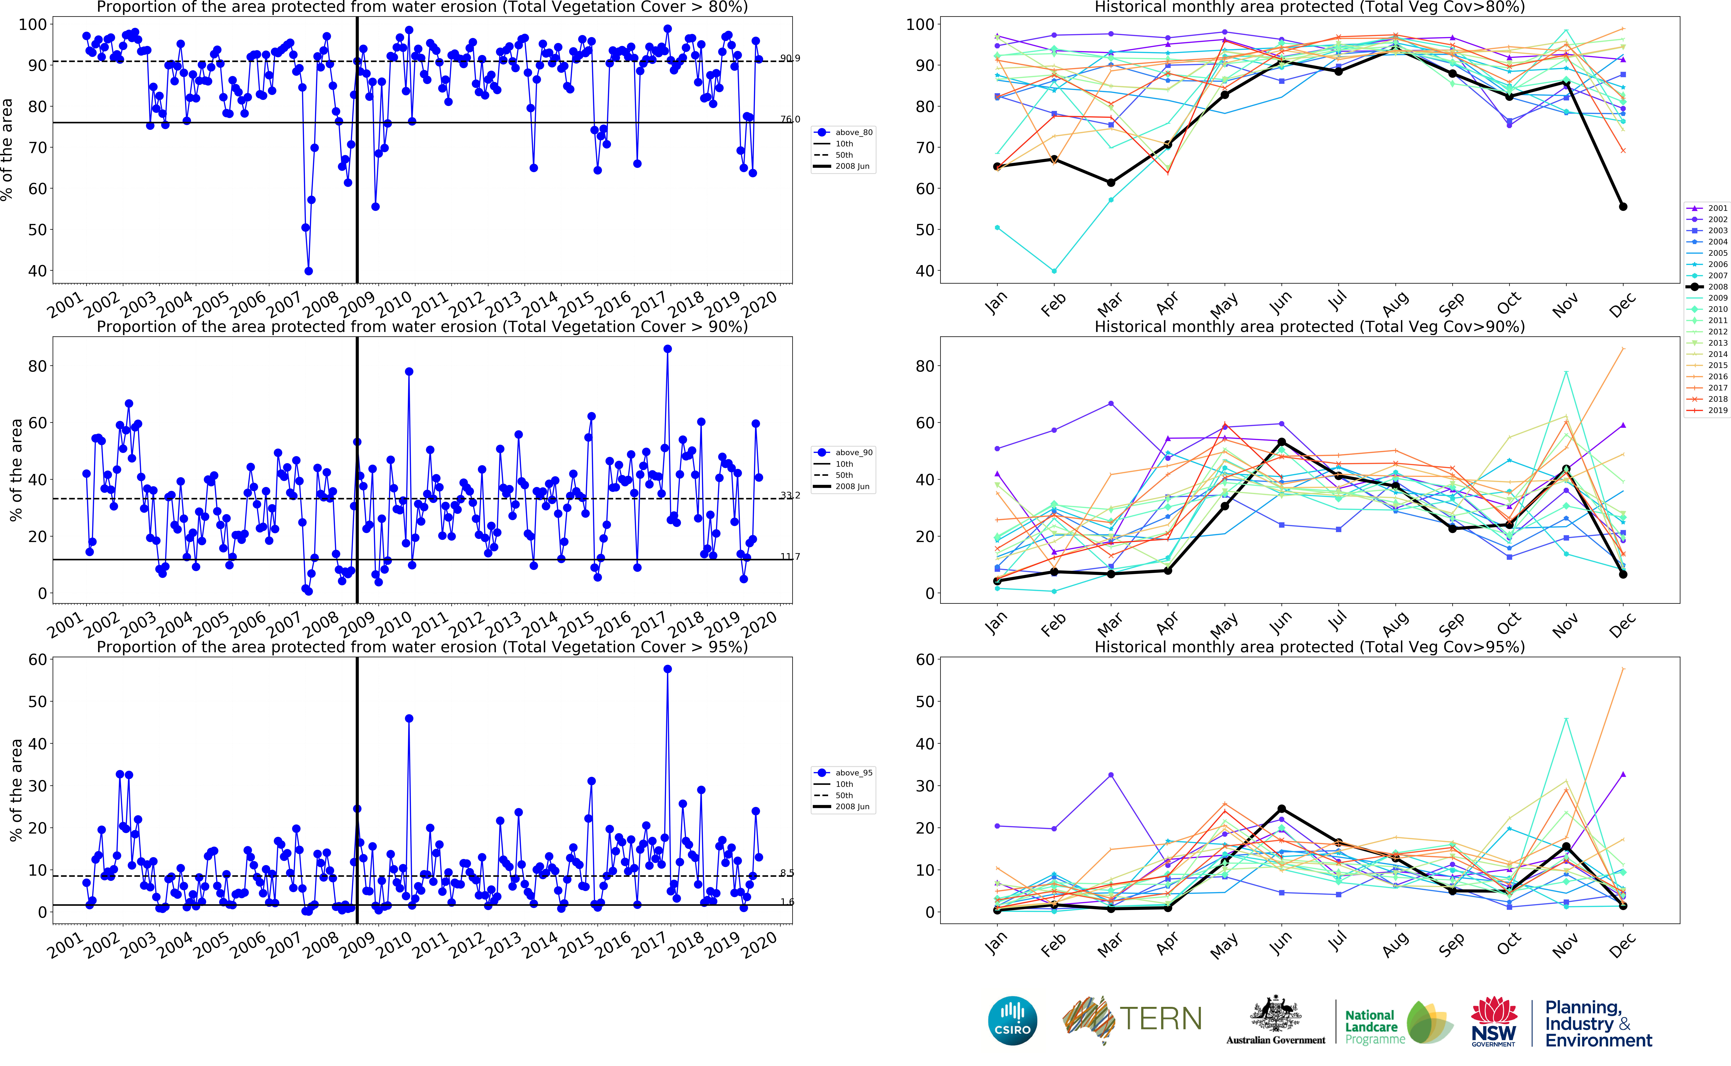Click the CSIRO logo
tap(1013, 1020)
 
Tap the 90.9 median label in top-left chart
tap(790, 59)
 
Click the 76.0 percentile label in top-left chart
tap(790, 119)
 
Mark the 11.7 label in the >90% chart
tap(790, 556)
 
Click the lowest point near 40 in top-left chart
tap(308, 271)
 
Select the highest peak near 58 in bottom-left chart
tap(668, 669)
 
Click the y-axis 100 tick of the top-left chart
tap(33, 25)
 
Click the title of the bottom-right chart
tap(1309, 647)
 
